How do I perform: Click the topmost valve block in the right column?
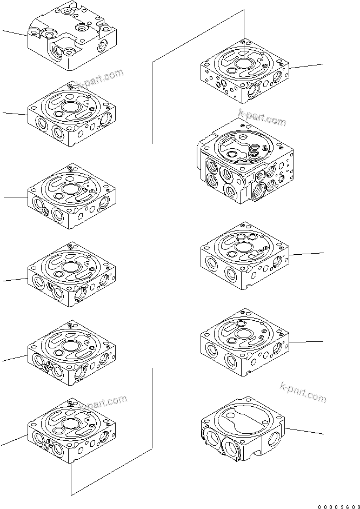coord(245,70)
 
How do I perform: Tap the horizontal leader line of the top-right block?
coord(307,67)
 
